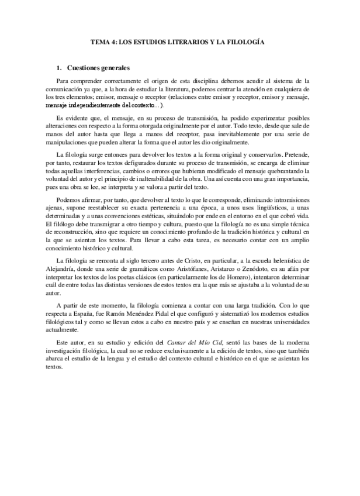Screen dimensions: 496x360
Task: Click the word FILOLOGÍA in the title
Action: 245,43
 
